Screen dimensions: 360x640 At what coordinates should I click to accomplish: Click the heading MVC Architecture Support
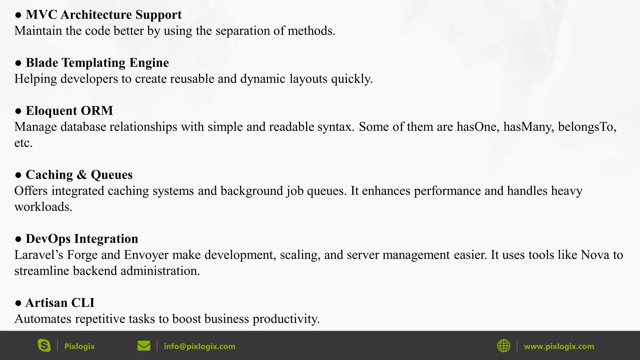[x=103, y=15]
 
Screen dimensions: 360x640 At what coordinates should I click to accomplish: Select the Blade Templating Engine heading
[x=97, y=63]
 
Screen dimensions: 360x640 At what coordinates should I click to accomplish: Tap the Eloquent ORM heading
[x=69, y=111]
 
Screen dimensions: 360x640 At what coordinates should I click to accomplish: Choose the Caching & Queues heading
[x=79, y=175]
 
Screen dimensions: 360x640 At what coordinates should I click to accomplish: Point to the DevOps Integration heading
[x=82, y=239]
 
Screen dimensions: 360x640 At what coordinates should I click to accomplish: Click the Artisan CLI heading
[x=60, y=303]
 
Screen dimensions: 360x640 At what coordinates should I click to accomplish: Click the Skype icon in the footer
[x=44, y=346]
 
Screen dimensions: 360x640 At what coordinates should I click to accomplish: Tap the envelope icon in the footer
[x=144, y=346]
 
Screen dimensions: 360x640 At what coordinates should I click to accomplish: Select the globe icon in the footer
[x=503, y=346]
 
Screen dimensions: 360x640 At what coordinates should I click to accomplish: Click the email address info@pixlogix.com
[x=199, y=346]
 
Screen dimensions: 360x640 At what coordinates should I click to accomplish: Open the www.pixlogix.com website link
[x=559, y=346]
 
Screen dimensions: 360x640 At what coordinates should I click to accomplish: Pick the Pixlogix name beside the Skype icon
[x=79, y=346]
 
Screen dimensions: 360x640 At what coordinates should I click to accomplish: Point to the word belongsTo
[x=587, y=127]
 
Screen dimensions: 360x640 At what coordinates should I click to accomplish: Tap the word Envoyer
[x=146, y=255]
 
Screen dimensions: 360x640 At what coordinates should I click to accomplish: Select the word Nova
[x=595, y=255]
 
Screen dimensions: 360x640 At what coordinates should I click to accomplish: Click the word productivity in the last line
[x=286, y=319]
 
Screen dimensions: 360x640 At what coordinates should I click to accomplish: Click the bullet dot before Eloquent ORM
[x=18, y=111]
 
